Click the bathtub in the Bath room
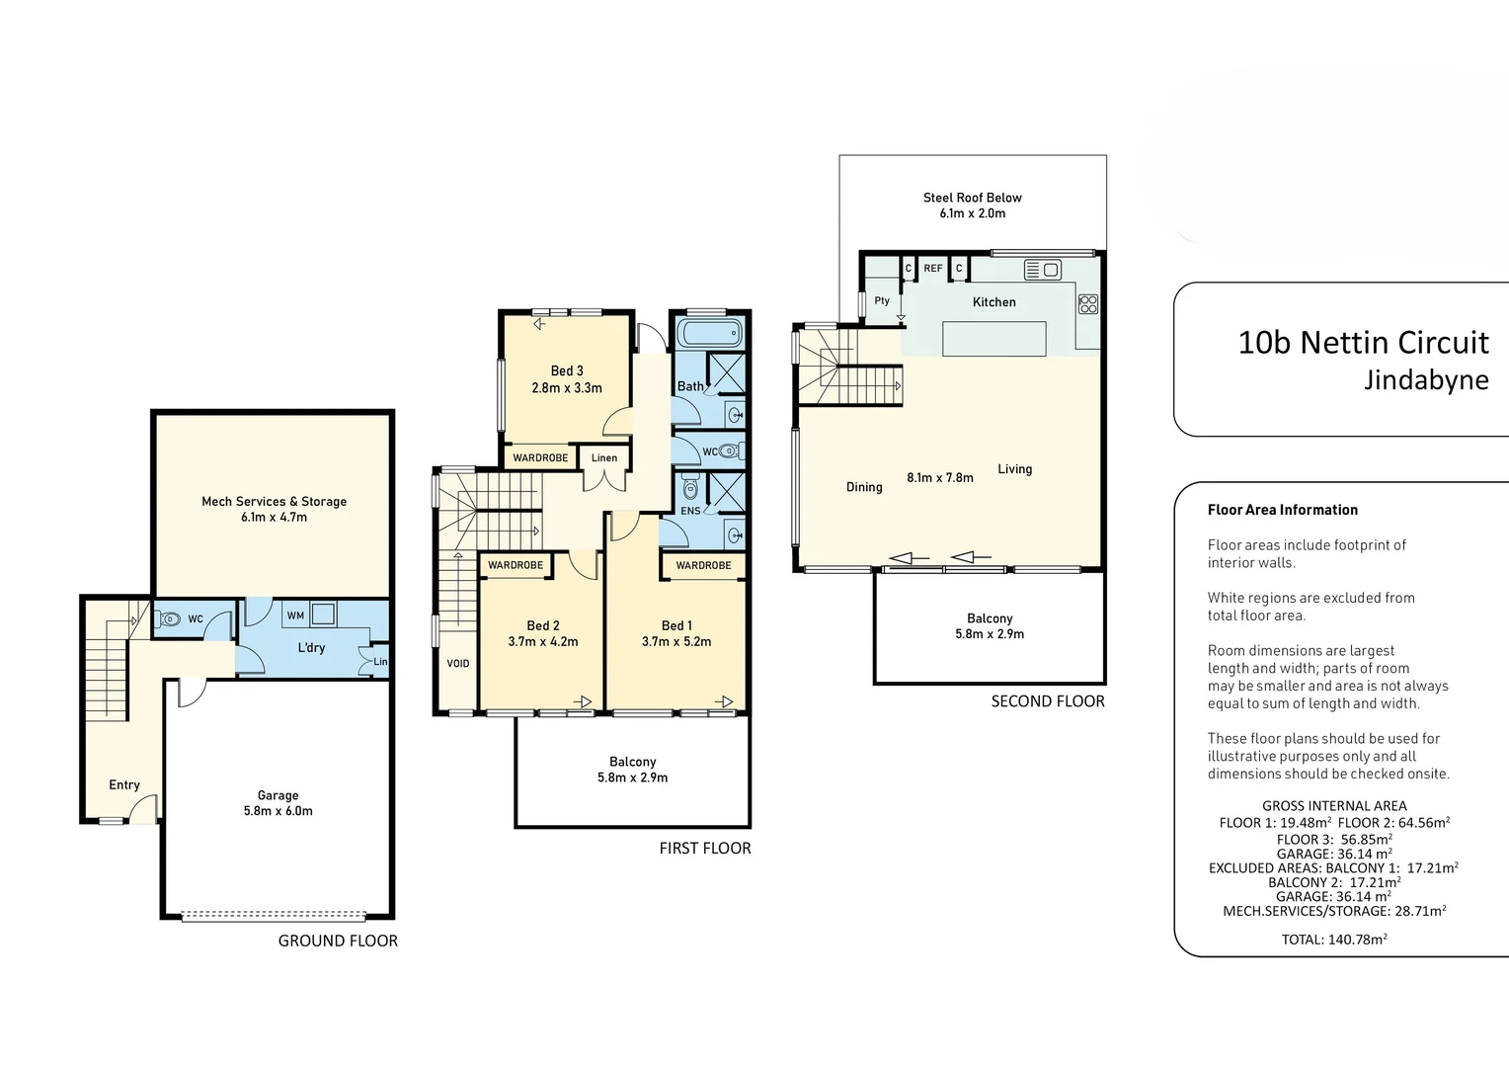point(709,333)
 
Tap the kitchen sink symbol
point(1042,270)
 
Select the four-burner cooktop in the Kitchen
point(1088,304)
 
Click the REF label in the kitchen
point(932,269)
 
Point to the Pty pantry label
point(882,300)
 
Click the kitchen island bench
point(994,338)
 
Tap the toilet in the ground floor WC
point(168,618)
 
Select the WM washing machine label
point(295,616)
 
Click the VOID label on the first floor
point(458,663)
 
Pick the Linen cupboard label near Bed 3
point(604,457)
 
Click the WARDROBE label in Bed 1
point(703,565)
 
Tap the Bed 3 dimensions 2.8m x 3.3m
point(567,387)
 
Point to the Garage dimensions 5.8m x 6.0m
point(278,811)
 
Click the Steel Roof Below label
point(972,198)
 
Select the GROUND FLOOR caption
point(338,941)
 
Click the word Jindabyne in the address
point(1426,380)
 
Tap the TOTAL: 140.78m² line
point(1334,939)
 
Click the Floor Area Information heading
point(1283,510)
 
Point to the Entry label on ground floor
point(124,784)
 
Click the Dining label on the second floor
point(864,487)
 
